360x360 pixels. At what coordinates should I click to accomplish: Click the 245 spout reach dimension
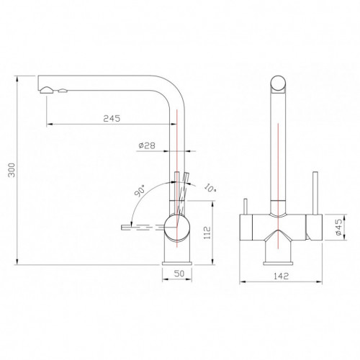click(x=112, y=118)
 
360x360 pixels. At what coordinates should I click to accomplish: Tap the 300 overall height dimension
click(x=12, y=170)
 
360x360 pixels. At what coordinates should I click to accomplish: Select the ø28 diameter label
click(x=147, y=145)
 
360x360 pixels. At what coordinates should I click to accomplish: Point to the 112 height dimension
click(x=207, y=233)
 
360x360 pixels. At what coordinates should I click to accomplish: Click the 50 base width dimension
click(x=179, y=274)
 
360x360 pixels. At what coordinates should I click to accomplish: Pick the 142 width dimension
click(x=281, y=276)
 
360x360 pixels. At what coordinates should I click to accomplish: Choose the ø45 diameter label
click(x=338, y=227)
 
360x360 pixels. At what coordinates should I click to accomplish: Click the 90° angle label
click(x=140, y=191)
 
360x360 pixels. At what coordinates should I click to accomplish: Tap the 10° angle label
click(x=210, y=188)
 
